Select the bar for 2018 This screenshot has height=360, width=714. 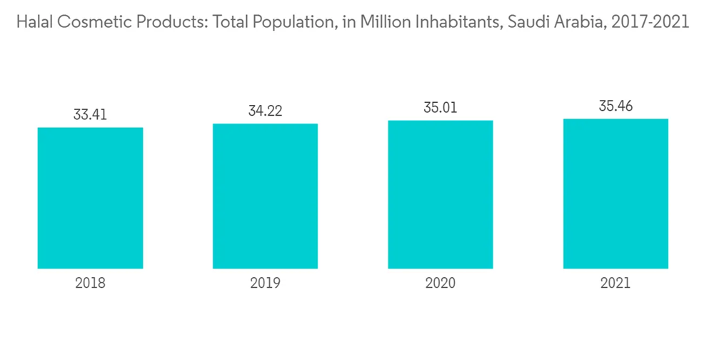[90, 198]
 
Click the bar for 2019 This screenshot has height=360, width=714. [265, 196]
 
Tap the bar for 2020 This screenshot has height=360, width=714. [440, 194]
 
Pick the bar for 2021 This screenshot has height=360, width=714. [615, 193]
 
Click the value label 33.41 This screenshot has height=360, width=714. [90, 114]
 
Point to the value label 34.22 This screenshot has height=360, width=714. [265, 111]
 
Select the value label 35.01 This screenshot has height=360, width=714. [440, 108]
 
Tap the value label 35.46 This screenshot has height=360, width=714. [615, 106]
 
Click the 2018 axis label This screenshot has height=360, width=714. [90, 283]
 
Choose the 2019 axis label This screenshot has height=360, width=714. [265, 283]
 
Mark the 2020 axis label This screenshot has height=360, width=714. [440, 283]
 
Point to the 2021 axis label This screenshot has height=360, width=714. [615, 283]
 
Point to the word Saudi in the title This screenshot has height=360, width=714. [524, 22]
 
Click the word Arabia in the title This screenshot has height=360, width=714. [573, 22]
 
